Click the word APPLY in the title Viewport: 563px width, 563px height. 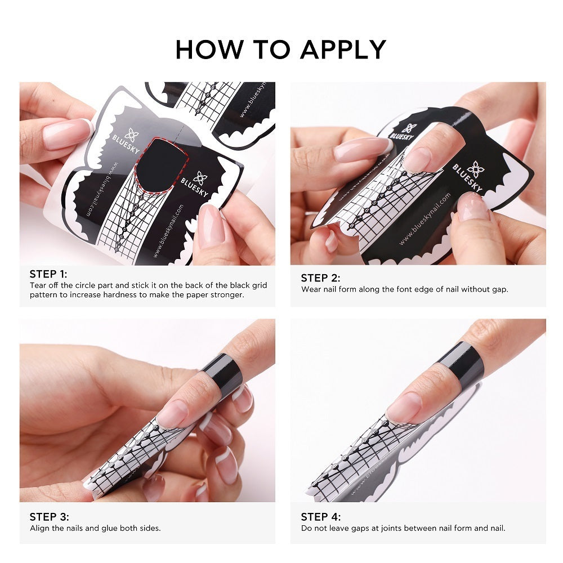pos(343,49)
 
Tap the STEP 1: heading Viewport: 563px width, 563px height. pos(48,274)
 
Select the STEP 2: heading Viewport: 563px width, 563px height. pos(320,278)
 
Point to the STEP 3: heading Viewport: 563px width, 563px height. pos(49,517)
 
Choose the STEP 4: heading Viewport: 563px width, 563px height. pos(320,517)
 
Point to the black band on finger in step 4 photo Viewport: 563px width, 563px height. pos(462,361)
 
